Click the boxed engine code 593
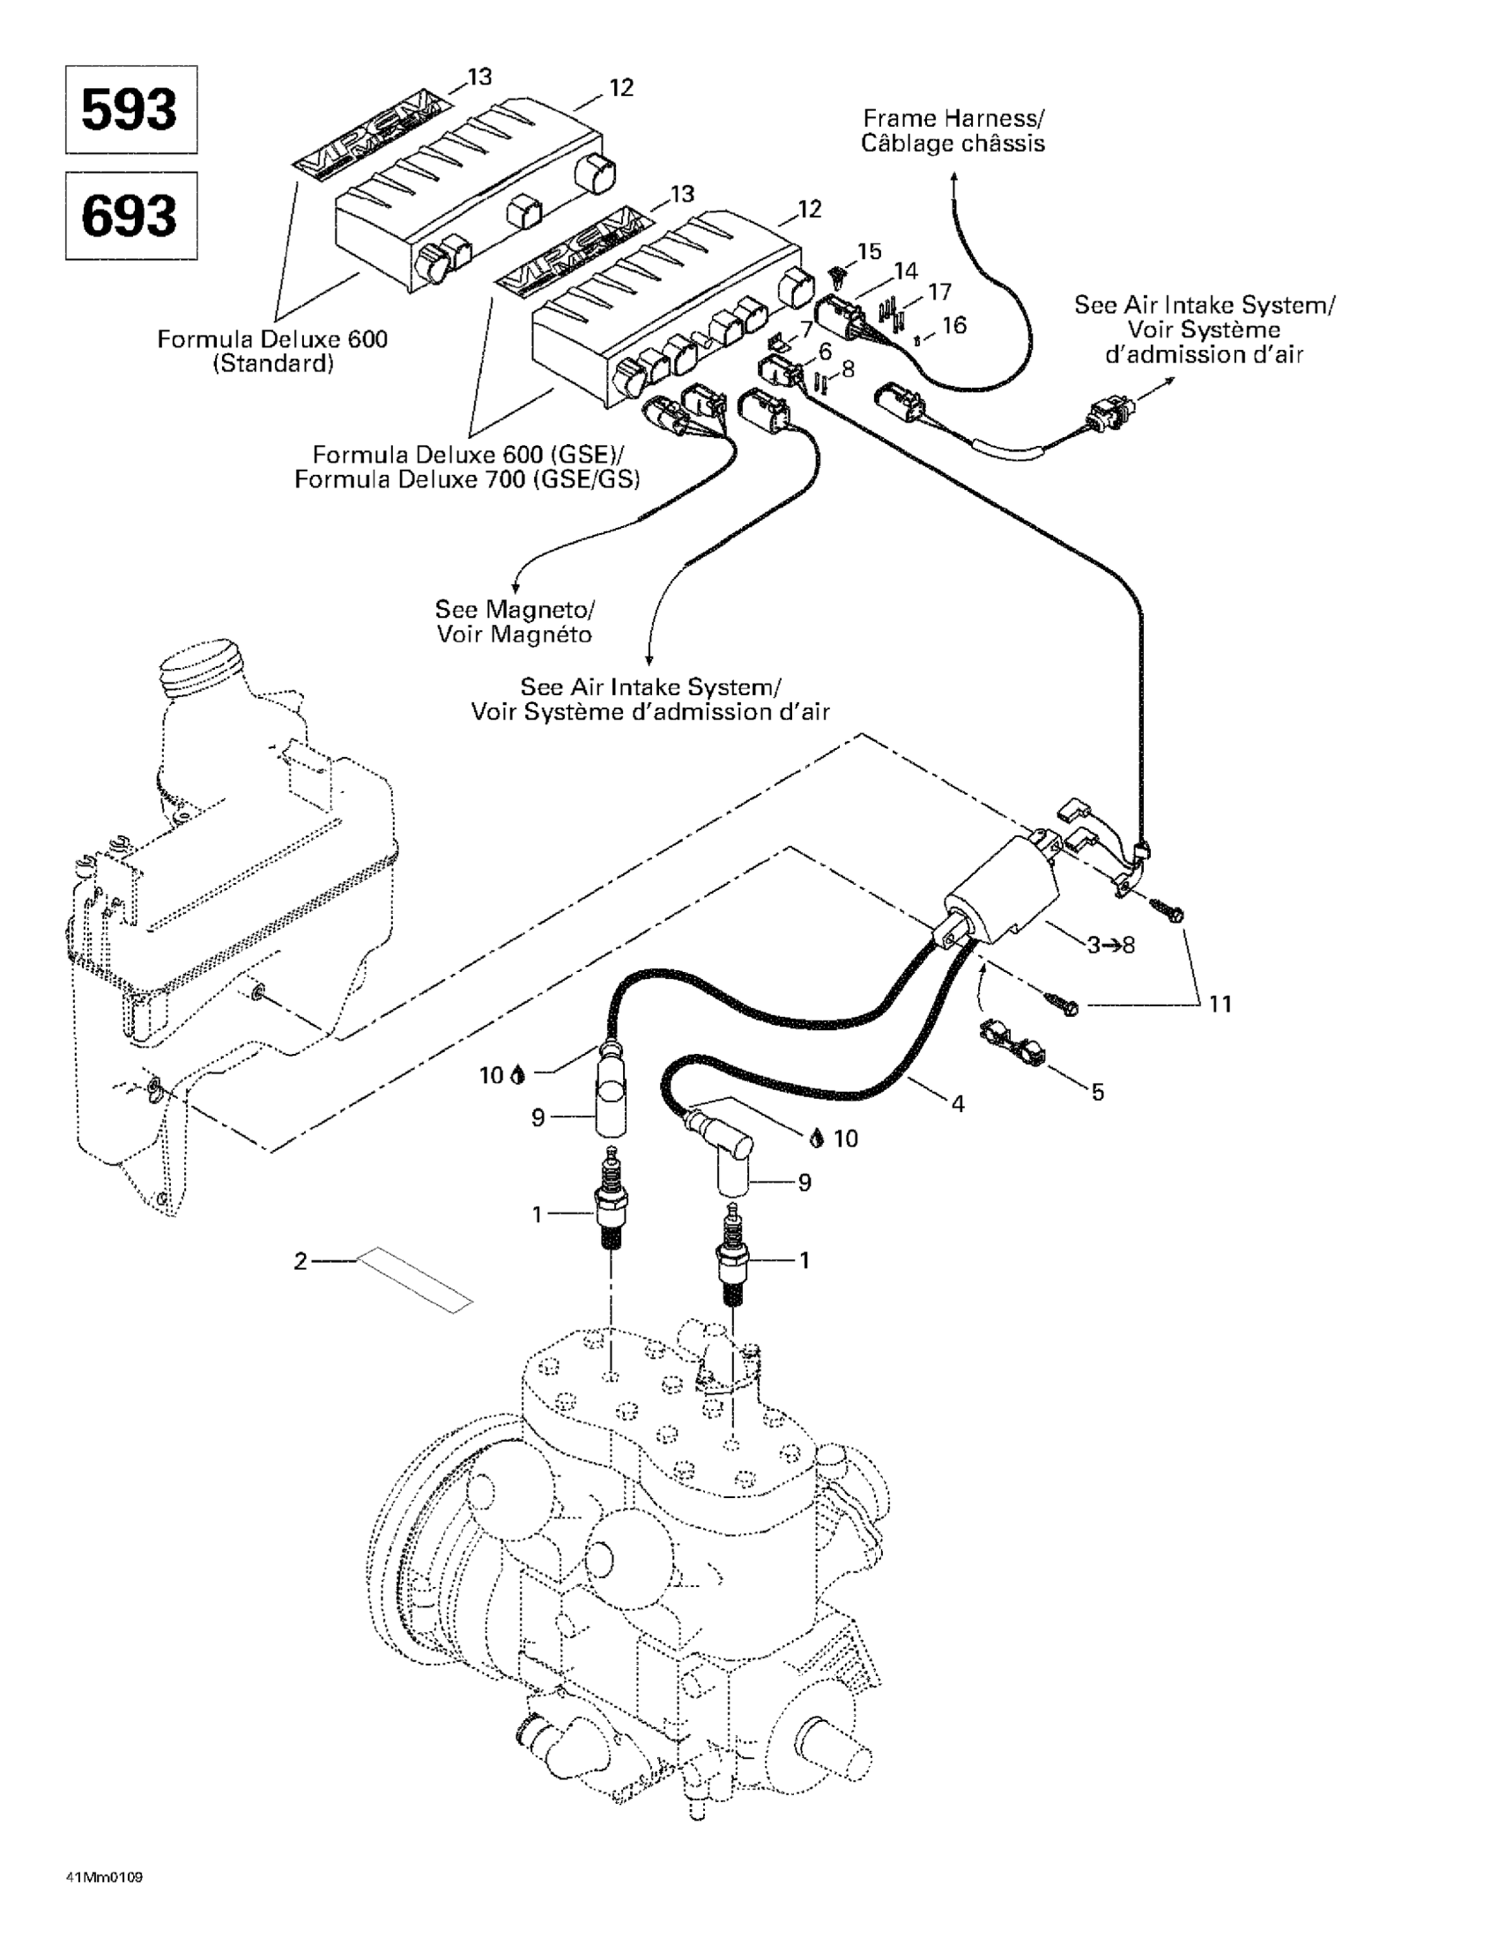click(x=130, y=109)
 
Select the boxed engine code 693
click(x=130, y=215)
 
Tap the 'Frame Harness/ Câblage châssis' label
click(x=953, y=130)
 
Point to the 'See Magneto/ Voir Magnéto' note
click(x=515, y=621)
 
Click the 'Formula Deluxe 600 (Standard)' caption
click(x=272, y=351)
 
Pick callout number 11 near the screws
click(x=1220, y=1004)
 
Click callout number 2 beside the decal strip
click(x=300, y=1260)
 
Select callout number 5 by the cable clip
click(x=1097, y=1092)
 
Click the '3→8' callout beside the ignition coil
click(x=1111, y=946)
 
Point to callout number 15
click(x=870, y=251)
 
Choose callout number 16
click(x=954, y=326)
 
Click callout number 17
click(x=940, y=292)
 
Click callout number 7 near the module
click(x=806, y=330)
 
